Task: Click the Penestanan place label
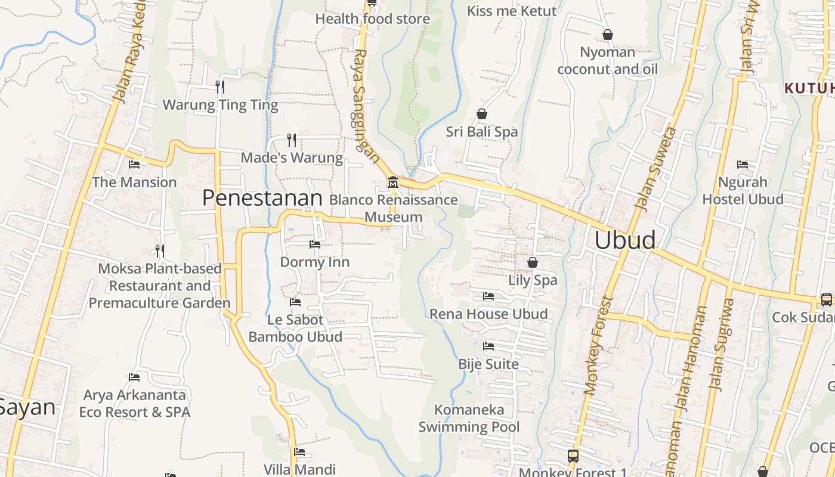262,198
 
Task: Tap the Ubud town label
625,240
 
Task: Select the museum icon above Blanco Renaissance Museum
392,182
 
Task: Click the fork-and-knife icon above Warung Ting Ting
220,87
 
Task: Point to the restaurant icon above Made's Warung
292,140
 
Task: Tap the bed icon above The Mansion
134,164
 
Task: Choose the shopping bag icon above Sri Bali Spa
482,114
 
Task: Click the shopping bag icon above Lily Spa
533,262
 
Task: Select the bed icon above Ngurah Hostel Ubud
743,164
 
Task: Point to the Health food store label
372,19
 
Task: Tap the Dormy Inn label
315,262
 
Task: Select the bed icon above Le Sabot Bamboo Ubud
295,302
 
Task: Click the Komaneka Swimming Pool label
469,419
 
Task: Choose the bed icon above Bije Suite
488,346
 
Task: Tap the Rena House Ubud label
488,314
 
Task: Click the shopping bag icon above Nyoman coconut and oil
608,35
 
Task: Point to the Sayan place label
27,408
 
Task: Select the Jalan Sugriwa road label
720,345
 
